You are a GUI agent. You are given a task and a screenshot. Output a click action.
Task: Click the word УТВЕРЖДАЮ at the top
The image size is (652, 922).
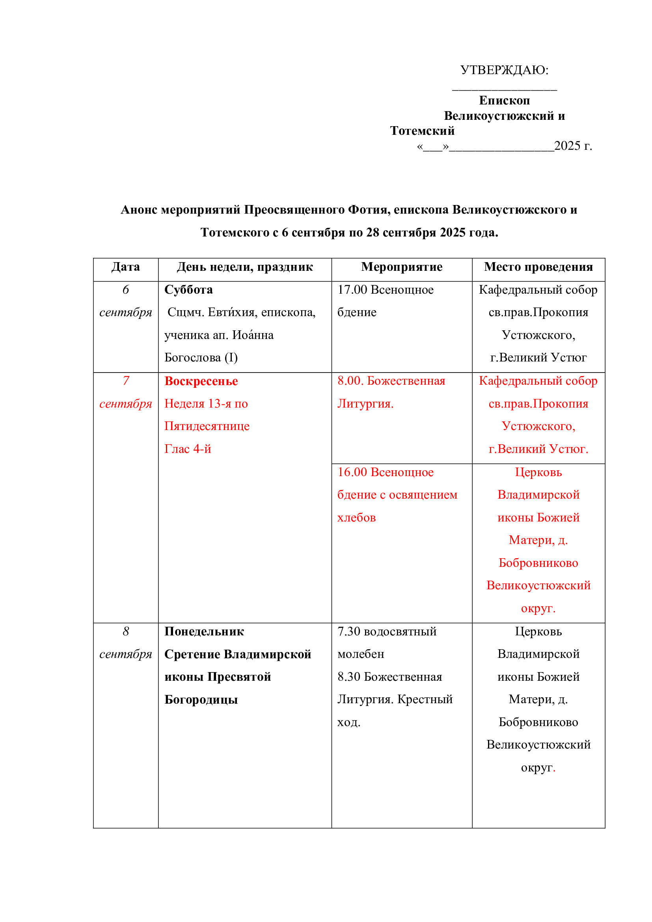[503, 70]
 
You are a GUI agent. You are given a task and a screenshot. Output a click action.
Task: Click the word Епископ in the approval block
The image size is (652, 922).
[504, 101]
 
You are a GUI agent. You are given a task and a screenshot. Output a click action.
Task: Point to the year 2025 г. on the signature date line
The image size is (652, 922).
[572, 146]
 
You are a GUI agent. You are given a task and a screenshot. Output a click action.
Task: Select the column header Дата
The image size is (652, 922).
[126, 267]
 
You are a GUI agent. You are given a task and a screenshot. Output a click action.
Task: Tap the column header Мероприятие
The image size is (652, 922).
[401, 267]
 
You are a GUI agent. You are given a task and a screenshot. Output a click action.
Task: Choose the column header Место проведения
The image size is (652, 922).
[538, 267]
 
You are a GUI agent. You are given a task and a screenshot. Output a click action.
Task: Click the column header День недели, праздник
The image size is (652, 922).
[244, 267]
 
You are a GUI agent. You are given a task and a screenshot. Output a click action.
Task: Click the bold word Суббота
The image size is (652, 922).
[188, 290]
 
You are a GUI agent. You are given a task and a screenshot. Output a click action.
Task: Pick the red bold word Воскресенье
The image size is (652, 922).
[201, 381]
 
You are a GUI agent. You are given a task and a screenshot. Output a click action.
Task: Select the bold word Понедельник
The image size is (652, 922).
[204, 631]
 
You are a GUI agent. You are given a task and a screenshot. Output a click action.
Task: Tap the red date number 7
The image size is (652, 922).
[126, 381]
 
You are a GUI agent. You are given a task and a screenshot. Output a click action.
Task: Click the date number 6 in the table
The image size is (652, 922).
[126, 290]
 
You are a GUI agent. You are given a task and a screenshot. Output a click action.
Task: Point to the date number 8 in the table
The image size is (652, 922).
[126, 631]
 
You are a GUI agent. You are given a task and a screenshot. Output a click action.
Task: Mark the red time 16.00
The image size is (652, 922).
[352, 472]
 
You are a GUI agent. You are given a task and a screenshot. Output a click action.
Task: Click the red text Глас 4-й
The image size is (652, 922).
[188, 449]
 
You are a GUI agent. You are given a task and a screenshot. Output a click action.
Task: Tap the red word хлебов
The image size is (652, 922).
[356, 518]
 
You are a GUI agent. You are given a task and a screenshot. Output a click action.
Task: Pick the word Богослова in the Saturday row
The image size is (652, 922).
[192, 358]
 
